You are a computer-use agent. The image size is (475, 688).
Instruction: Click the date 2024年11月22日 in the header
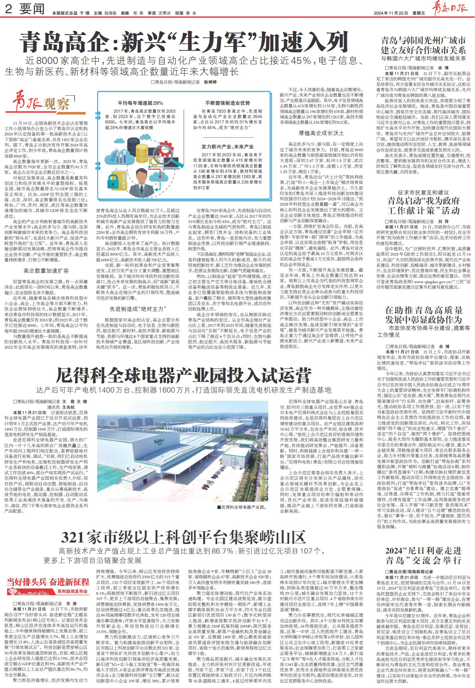(391, 13)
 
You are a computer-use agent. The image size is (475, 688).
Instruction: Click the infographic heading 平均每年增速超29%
(140, 103)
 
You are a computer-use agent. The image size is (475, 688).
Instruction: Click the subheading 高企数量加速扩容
(46, 270)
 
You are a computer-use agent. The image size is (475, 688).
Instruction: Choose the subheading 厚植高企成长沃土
(321, 133)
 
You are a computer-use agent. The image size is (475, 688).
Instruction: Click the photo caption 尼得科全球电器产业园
(244, 507)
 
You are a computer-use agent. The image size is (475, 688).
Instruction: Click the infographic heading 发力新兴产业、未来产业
(228, 147)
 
